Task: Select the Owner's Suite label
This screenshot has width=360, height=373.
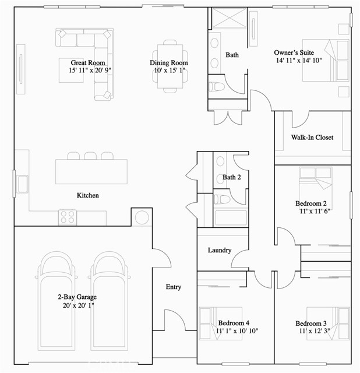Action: click(x=294, y=52)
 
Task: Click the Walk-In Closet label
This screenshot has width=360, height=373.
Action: click(x=312, y=138)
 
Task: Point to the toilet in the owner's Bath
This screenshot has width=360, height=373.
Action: click(x=217, y=87)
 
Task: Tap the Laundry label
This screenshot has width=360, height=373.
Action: click(x=220, y=251)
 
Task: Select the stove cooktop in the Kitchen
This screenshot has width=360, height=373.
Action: click(x=68, y=217)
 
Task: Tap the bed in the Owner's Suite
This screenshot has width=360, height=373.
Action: click(x=327, y=61)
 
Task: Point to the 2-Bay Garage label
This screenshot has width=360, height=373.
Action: click(x=77, y=297)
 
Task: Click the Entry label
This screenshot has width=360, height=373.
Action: click(x=174, y=287)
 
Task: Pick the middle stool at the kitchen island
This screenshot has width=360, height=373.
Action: click(x=90, y=156)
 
